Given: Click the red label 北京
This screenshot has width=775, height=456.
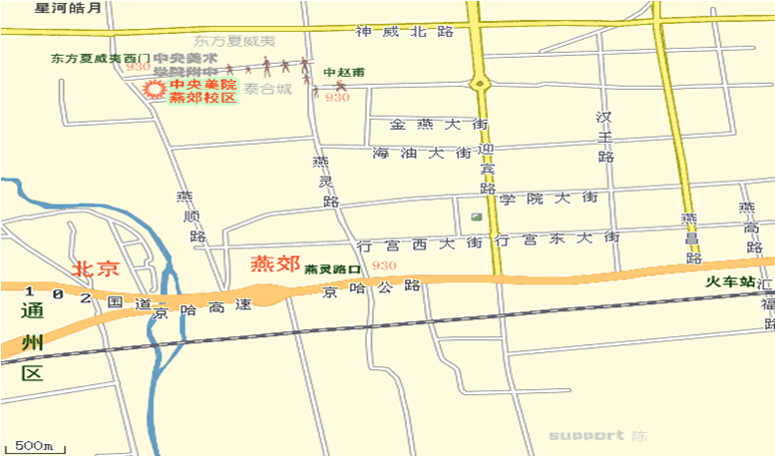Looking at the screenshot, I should [x=96, y=267].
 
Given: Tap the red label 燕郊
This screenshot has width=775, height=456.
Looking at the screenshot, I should [x=274, y=264].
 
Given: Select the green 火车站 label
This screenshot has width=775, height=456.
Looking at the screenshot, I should [x=728, y=282].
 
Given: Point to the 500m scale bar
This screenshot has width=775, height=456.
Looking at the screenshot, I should [x=34, y=443].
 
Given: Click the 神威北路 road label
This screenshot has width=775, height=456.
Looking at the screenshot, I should [x=404, y=31].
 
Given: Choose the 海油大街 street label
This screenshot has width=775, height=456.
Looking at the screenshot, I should [x=420, y=154].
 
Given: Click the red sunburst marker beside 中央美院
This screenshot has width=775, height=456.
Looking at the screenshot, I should [x=155, y=90].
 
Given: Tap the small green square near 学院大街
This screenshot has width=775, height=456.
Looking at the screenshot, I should [x=476, y=218].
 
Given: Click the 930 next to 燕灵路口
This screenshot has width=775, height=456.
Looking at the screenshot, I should [x=383, y=265].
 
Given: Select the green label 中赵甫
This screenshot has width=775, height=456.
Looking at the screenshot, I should [x=344, y=72].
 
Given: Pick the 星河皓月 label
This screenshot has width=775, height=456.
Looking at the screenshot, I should [x=68, y=8].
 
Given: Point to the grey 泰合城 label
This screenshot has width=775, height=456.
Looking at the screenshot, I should [x=270, y=90].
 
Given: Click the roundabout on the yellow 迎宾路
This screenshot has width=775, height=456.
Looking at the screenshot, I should [x=479, y=83].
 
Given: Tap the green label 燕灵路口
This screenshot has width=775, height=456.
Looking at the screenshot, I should [x=332, y=269].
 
